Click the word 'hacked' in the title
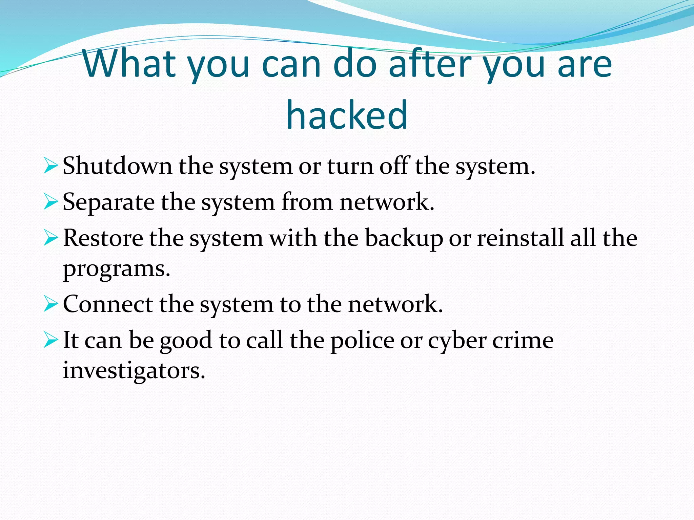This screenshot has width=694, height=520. click(347, 115)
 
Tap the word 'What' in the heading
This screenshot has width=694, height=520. click(129, 64)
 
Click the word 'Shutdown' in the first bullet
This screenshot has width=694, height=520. click(117, 166)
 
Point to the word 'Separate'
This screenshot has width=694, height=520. click(108, 202)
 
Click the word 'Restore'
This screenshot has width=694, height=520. click(103, 238)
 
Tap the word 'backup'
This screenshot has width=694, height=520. click(404, 238)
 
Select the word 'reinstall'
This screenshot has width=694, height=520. click(520, 238)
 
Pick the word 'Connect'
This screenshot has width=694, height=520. click(108, 304)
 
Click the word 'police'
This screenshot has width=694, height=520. click(362, 341)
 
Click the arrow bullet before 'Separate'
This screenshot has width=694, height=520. click(50, 202)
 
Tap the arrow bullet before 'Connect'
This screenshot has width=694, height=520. click(50, 304)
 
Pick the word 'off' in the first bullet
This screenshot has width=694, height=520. click(394, 166)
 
